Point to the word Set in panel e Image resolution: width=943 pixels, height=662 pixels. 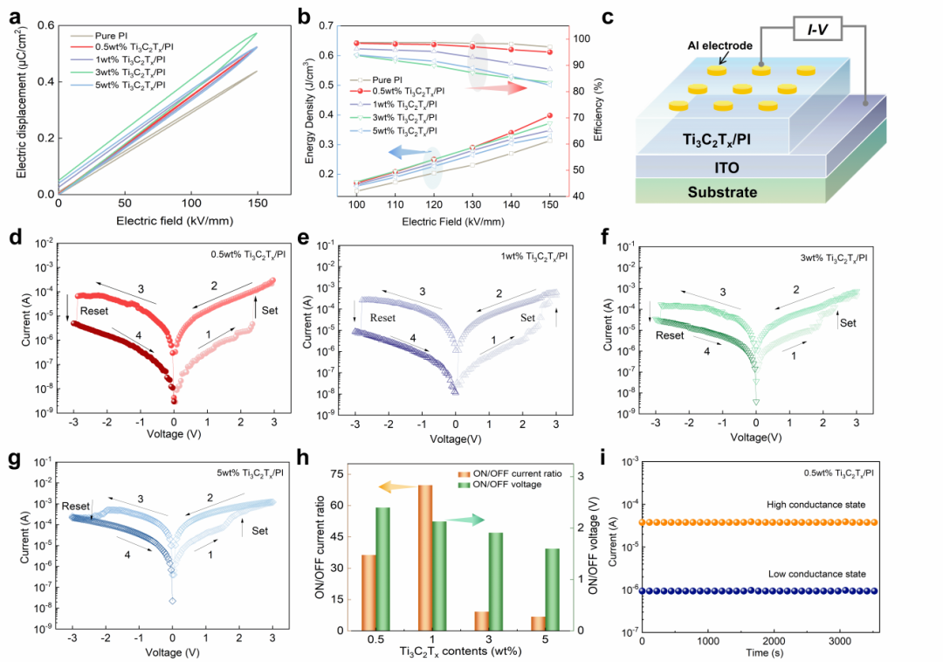tap(527, 319)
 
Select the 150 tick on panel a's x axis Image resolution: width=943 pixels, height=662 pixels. tap(257, 203)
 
